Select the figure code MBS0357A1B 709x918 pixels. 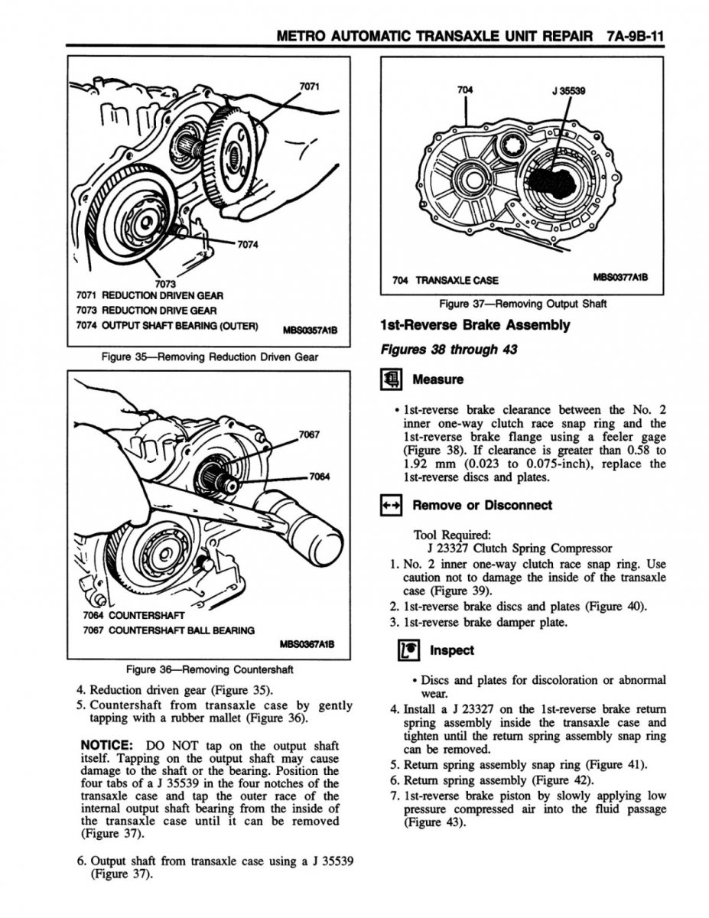pyautogui.click(x=314, y=331)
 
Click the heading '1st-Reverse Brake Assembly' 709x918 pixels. pyautogui.click(x=474, y=325)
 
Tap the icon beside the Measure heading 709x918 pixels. pyautogui.click(x=391, y=379)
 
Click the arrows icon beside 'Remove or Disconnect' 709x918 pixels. pyautogui.click(x=391, y=505)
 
